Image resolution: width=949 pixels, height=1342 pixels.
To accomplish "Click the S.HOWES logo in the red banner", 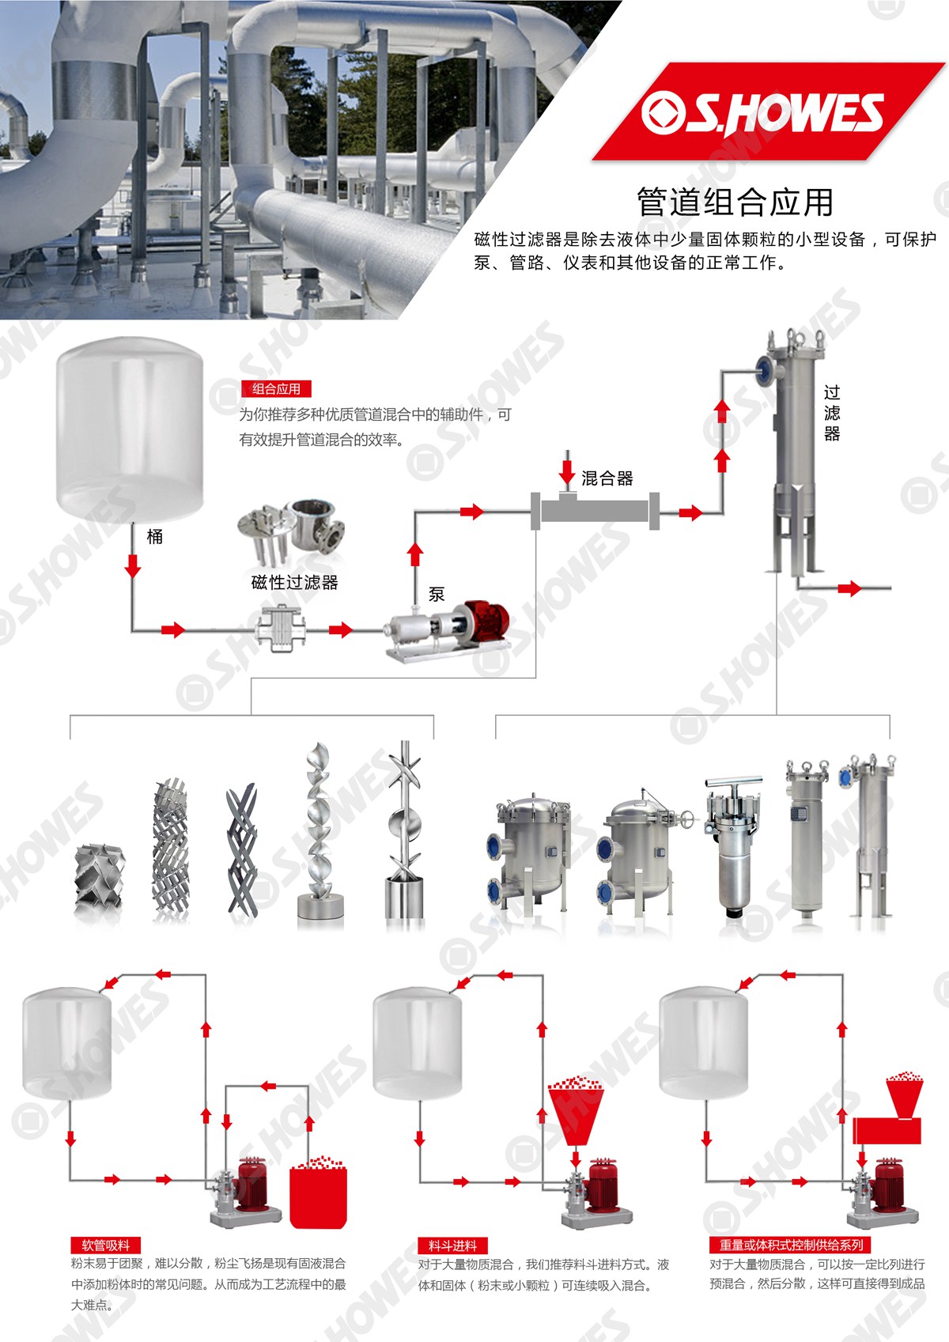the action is (762, 112).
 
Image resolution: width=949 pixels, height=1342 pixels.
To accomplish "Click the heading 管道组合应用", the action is (735, 202).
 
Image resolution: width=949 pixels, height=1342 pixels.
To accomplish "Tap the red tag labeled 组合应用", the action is (276, 389).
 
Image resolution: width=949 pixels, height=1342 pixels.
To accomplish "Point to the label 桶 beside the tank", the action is (154, 536).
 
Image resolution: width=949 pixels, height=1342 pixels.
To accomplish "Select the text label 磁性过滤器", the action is (294, 582).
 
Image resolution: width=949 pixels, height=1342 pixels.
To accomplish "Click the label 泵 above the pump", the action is (437, 594).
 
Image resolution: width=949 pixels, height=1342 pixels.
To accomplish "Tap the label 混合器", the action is (607, 478).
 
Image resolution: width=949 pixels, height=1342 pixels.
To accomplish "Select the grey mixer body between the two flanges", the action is (595, 511).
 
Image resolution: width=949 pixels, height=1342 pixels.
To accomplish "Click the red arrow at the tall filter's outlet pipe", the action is (849, 588).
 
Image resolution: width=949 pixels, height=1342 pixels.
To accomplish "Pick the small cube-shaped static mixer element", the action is (100, 875).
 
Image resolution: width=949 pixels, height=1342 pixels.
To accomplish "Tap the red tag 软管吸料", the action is (106, 1245).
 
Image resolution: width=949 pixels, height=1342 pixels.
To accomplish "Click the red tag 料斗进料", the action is (453, 1246).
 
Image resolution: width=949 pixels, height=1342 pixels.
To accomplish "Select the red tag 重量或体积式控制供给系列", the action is (791, 1245).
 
